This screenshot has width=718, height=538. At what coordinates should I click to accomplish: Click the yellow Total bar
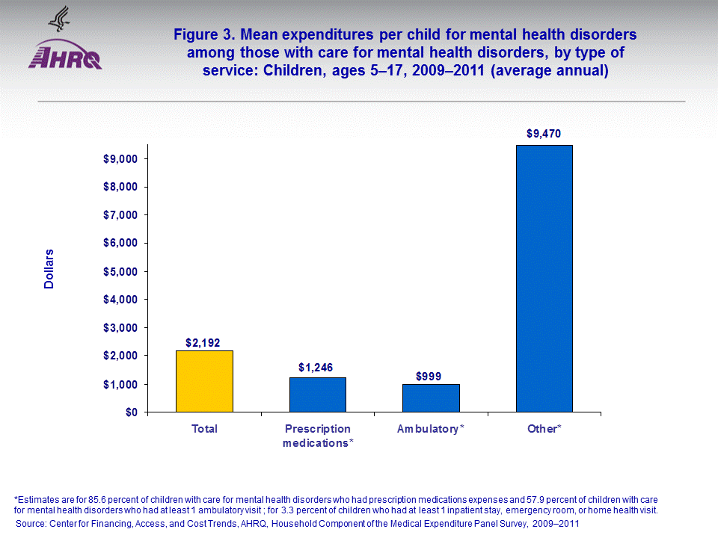point(204,381)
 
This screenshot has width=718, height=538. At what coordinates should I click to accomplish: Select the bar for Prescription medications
point(317,395)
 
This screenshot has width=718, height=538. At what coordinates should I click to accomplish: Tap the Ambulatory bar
point(431,398)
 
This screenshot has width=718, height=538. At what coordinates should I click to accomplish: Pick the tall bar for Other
point(544,278)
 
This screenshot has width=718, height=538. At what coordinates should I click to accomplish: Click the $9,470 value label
point(544,134)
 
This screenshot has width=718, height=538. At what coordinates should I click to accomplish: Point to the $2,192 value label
point(204,342)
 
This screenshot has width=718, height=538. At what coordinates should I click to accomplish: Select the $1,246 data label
point(316,368)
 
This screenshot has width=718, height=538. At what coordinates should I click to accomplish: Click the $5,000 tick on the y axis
point(120,271)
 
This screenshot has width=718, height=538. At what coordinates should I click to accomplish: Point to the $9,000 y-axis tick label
point(120,159)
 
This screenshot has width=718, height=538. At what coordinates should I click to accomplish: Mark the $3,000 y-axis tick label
point(120,328)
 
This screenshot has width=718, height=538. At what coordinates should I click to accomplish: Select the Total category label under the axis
point(204,429)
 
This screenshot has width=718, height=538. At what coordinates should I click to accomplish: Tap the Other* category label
point(544,429)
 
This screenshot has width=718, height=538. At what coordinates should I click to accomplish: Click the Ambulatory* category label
point(431,429)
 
